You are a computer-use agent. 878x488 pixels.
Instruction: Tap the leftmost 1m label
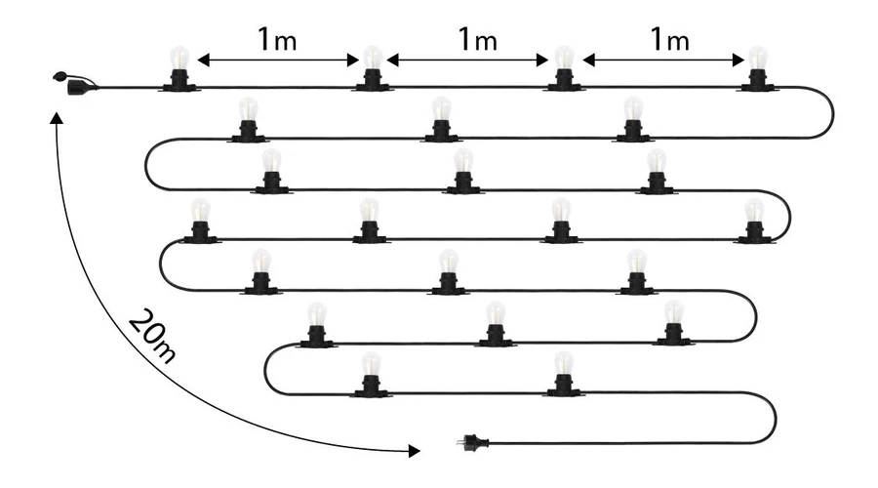coord(278,40)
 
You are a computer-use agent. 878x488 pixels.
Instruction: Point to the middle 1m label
coord(477,40)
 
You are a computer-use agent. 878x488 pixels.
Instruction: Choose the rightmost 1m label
coord(669,40)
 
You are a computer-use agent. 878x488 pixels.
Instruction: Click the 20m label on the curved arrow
coord(152,338)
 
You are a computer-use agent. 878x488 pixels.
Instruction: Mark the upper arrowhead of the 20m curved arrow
coord(56,118)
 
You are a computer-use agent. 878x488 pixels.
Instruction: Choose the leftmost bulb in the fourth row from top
coord(201,219)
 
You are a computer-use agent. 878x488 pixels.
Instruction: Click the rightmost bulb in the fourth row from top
coord(754,219)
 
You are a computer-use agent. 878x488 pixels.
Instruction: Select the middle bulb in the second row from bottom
coord(496,322)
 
